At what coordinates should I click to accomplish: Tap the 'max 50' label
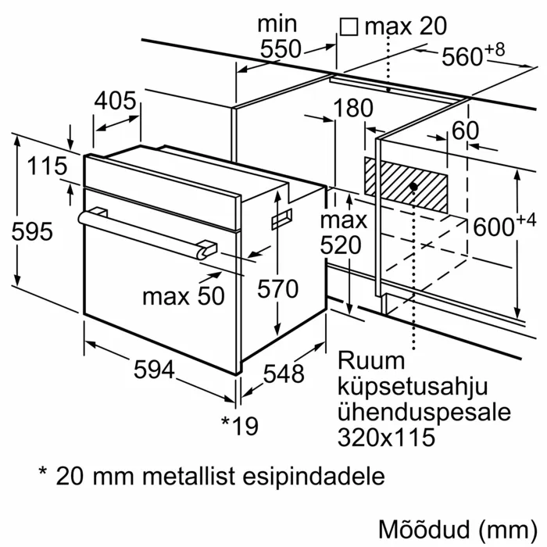(183, 295)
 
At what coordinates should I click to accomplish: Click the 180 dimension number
(352, 108)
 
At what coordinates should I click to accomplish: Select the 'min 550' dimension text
(278, 37)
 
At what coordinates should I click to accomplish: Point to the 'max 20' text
(406, 26)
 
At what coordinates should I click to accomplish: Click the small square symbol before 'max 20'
(349, 27)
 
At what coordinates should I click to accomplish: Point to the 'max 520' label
(341, 232)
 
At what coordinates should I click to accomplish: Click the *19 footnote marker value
(239, 425)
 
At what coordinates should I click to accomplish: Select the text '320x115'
(386, 437)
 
